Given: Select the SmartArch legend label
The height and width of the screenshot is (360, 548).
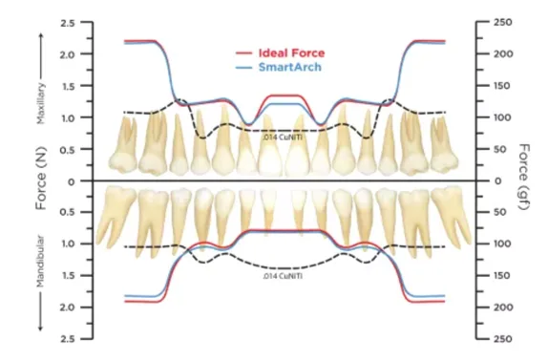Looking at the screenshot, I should click(287, 69).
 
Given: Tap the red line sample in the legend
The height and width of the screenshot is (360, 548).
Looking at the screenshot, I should click(243, 53).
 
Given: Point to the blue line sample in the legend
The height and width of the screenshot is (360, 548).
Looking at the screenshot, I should click(243, 69).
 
